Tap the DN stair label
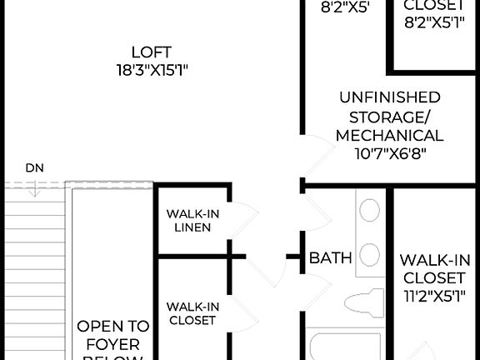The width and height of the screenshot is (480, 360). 34,167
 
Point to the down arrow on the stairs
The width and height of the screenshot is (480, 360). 34,190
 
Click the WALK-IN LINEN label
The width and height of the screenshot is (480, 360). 192,221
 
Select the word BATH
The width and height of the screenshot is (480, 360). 331,257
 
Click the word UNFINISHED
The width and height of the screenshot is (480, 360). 389,97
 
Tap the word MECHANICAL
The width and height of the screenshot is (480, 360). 389,135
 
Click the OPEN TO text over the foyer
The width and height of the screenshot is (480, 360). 113,326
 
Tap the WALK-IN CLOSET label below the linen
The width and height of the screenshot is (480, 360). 192,312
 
